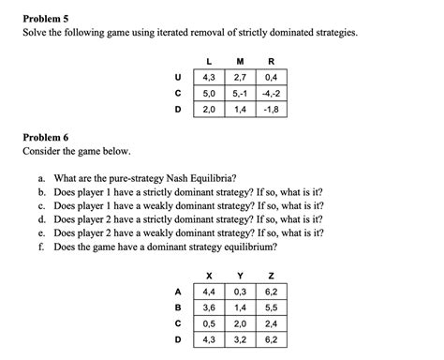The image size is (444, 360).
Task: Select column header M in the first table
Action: (242, 60)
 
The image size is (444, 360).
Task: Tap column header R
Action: (273, 60)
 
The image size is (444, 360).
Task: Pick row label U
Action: (179, 76)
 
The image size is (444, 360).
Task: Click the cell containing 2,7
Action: (242, 76)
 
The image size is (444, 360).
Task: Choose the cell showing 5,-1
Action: (242, 93)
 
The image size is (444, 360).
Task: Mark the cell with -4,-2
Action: (273, 93)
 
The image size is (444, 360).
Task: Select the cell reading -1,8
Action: (273, 109)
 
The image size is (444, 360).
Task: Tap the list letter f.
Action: (42, 247)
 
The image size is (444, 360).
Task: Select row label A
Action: (179, 292)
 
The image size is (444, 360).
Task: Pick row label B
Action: (179, 307)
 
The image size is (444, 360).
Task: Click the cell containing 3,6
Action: (208, 307)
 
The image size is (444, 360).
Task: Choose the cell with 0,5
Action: (208, 323)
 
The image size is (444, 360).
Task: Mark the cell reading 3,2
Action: (240, 340)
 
